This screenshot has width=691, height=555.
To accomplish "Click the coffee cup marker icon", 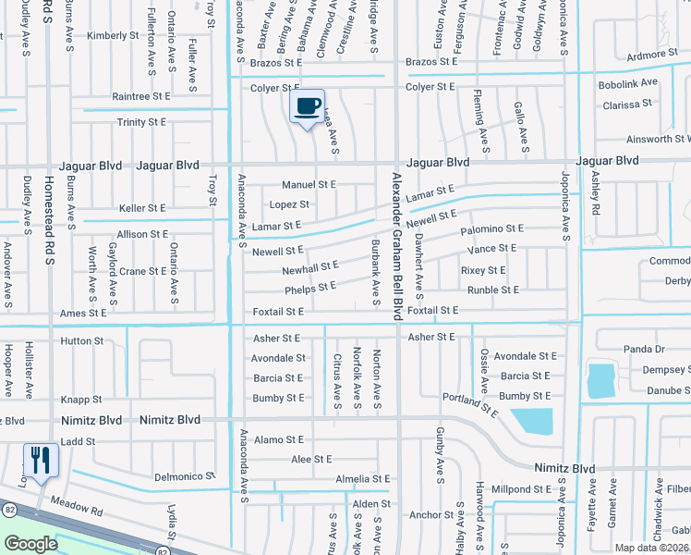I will click(308, 105).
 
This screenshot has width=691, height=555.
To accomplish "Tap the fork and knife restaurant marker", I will click(40, 460).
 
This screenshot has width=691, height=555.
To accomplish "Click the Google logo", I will click(30, 544).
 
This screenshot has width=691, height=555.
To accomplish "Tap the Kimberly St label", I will click(113, 36).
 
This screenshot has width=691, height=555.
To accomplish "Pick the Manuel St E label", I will click(309, 185).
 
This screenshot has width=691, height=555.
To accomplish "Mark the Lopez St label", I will click(289, 204).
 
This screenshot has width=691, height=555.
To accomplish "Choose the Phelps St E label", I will click(310, 289).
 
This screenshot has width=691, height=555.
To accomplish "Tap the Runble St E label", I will click(493, 290).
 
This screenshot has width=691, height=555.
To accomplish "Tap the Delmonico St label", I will click(184, 476).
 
